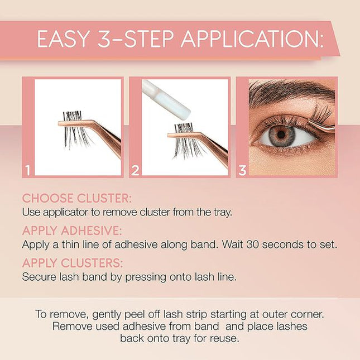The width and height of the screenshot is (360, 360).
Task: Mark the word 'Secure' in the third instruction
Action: point(38,277)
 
